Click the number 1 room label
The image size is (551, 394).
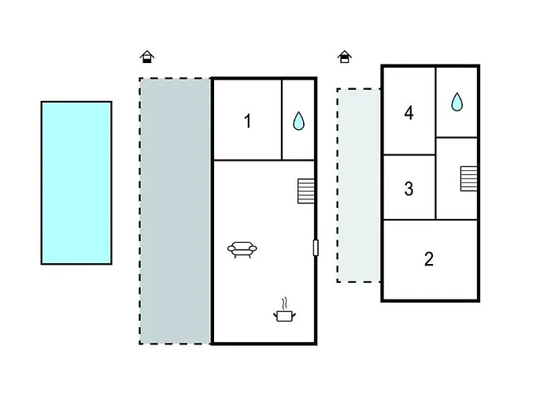pyautogui.click(x=248, y=121)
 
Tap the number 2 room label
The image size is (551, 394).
pyautogui.click(x=429, y=259)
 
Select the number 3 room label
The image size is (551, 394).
pyautogui.click(x=409, y=188)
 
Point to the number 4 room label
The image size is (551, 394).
pyautogui.click(x=409, y=113)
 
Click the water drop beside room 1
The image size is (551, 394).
pyautogui.click(x=298, y=121)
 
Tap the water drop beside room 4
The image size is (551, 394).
pyautogui.click(x=457, y=102)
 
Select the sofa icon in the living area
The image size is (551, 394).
pyautogui.click(x=242, y=250)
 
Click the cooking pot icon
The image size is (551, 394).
pyautogui.click(x=284, y=315)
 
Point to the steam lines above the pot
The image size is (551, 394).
pyautogui.click(x=285, y=303)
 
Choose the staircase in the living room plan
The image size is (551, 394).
pyautogui.click(x=306, y=191)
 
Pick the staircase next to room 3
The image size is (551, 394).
pyautogui.click(x=469, y=179)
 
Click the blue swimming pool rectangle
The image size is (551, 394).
pyautogui.click(x=76, y=183)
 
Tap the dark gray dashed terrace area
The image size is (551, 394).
pyautogui.click(x=176, y=211)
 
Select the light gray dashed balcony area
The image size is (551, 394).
pyautogui.click(x=359, y=185)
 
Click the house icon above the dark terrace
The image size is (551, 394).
pyautogui.click(x=147, y=57)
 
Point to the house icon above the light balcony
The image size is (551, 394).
pyautogui.click(x=345, y=57)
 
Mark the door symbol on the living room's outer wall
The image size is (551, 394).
pyautogui.click(x=316, y=247)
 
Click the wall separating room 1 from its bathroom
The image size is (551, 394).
pyautogui.click(x=282, y=120)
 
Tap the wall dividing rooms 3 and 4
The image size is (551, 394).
pyautogui.click(x=409, y=154)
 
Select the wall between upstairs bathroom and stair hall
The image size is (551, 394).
pyautogui.click(x=457, y=137)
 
